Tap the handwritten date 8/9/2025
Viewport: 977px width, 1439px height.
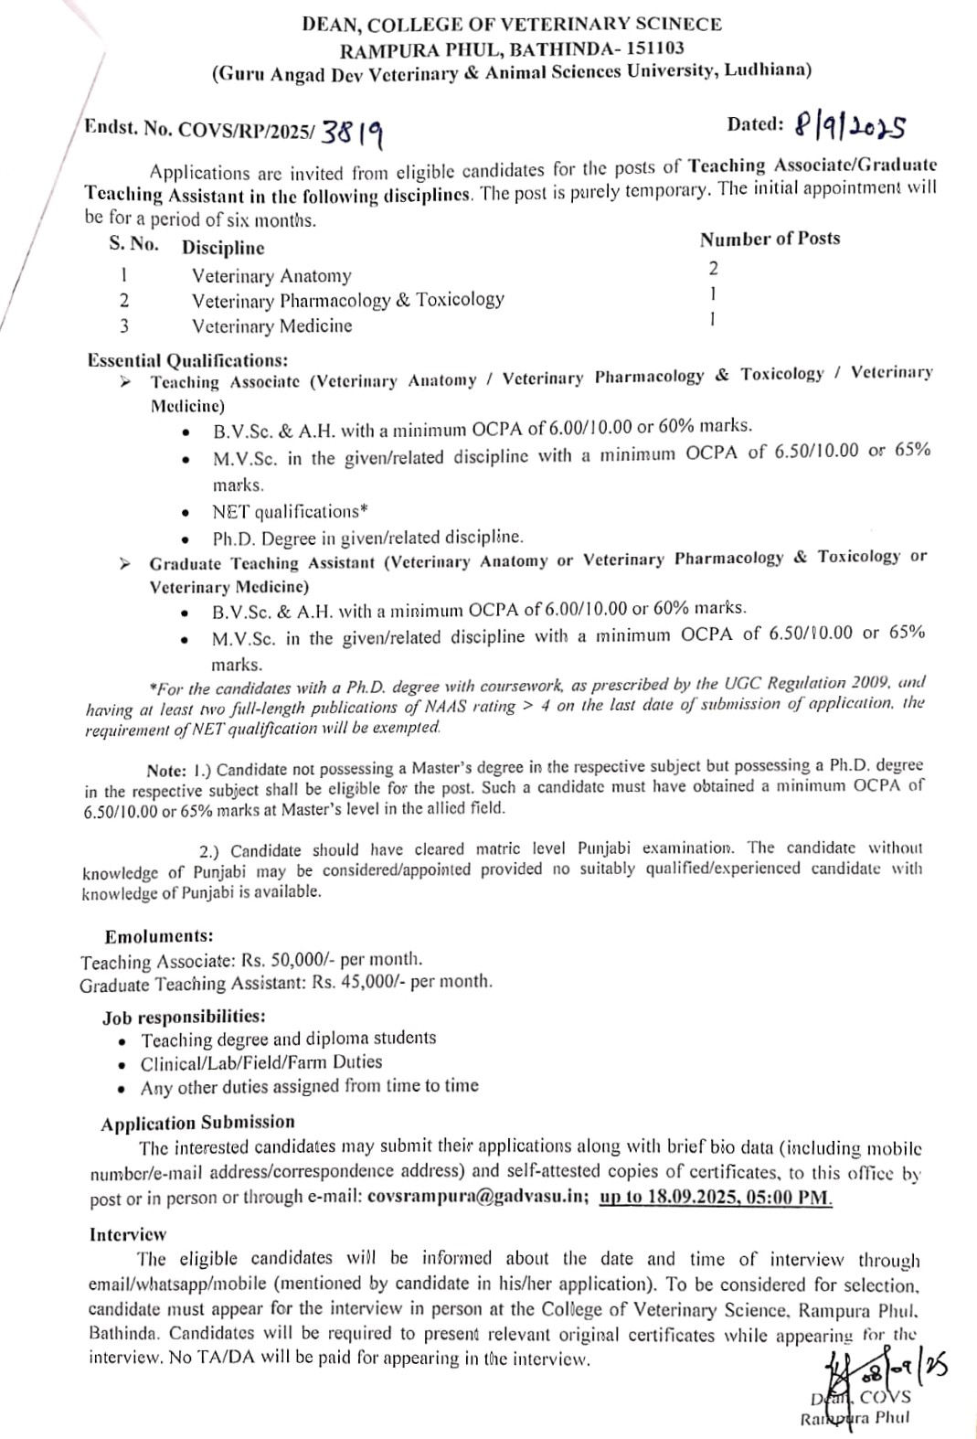(x=849, y=126)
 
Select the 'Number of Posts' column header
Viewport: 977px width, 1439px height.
(x=770, y=240)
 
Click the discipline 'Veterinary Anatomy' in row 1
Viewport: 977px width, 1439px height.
(x=271, y=275)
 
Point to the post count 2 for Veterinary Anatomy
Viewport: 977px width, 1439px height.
(x=713, y=268)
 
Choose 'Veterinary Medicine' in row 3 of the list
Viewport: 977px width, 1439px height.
(x=271, y=325)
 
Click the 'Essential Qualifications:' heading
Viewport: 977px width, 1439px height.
(x=187, y=360)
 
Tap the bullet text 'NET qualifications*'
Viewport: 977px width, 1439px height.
(x=283, y=511)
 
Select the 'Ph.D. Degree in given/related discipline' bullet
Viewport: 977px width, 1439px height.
(x=367, y=537)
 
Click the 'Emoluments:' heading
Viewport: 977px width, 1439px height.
(x=159, y=936)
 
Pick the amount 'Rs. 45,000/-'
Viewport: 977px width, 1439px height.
(x=358, y=982)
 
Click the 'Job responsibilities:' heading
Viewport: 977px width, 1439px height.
(x=184, y=1016)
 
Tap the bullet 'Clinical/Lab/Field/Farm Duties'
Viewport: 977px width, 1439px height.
(x=261, y=1062)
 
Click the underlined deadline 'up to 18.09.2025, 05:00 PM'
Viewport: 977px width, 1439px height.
(x=715, y=1197)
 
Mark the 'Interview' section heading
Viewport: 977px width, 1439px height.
(x=128, y=1234)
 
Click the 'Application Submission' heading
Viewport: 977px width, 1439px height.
(x=197, y=1122)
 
